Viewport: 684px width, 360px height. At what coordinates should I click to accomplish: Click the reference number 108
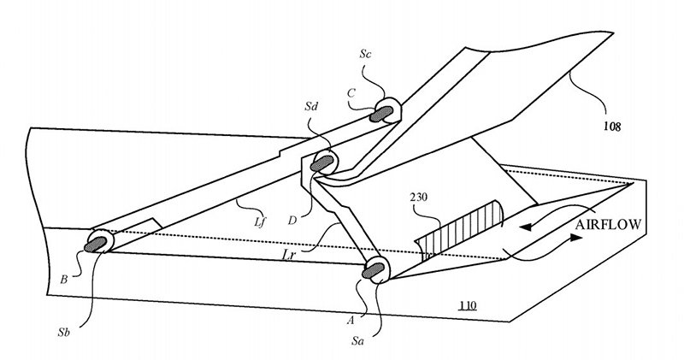612,127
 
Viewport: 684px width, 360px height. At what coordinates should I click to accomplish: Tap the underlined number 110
467,305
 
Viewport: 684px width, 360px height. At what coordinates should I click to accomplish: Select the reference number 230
419,198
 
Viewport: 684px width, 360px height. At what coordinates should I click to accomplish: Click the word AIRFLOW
609,224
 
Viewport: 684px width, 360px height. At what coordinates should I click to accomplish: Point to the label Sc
366,54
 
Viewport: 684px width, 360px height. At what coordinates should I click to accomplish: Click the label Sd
311,107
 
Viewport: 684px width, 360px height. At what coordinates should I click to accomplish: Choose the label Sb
63,332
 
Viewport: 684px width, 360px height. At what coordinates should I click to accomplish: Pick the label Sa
357,341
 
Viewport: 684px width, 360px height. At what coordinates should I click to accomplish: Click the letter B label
63,280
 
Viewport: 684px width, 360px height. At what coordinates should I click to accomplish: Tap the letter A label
350,321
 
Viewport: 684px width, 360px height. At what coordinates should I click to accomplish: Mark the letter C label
351,93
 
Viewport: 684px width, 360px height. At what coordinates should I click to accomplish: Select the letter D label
292,220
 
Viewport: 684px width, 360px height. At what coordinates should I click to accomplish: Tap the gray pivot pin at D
322,163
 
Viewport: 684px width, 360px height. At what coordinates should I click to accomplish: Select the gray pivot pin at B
96,245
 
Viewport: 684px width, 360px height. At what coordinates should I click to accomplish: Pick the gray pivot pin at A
373,270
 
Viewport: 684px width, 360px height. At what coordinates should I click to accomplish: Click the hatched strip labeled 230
458,230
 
